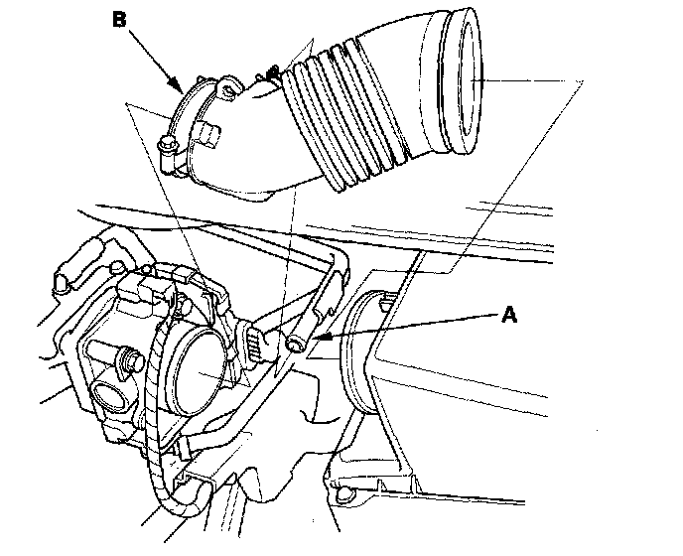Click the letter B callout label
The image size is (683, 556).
coord(119,17)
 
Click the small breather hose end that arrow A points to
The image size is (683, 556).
coord(295,344)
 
